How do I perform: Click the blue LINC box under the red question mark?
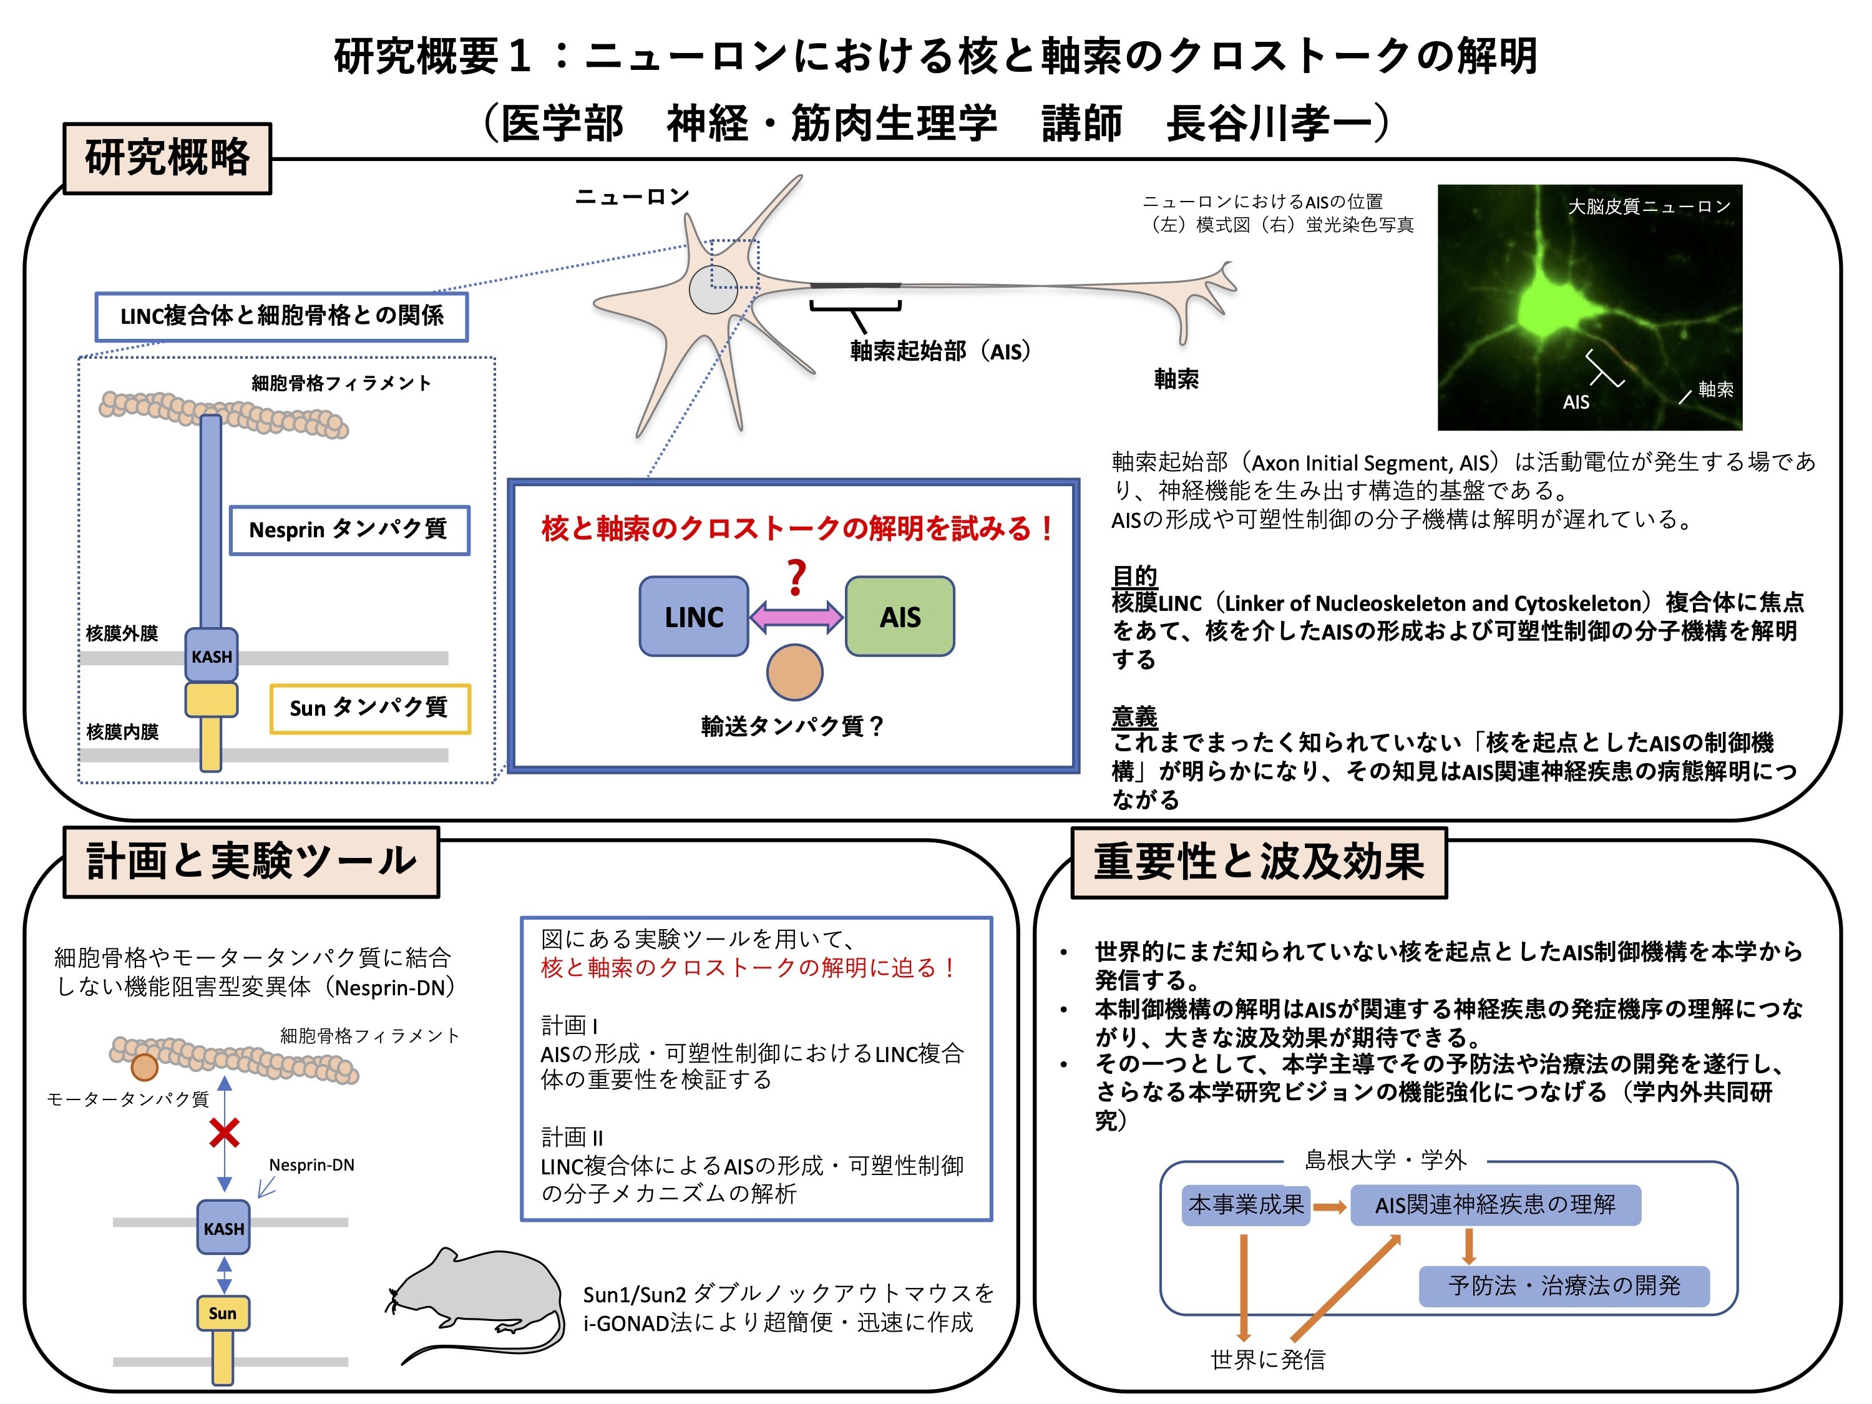(693, 616)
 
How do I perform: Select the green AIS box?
(900, 616)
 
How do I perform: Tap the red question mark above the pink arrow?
(796, 578)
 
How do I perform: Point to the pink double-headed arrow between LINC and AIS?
(796, 617)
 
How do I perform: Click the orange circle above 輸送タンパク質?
(795, 672)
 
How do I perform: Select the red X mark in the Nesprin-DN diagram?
(224, 1133)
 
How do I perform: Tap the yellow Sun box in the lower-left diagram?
(223, 1313)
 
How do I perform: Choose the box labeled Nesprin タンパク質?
(349, 530)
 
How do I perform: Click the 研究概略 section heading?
(168, 158)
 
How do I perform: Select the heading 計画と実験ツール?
(251, 862)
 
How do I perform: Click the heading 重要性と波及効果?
(1259, 862)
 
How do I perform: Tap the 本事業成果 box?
(1246, 1204)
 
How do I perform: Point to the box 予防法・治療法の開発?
(1564, 1285)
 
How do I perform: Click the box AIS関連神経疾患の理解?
(1495, 1204)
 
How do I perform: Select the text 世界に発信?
(1268, 1359)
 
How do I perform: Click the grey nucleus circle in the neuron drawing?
(713, 288)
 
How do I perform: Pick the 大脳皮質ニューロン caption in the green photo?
(1649, 207)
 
